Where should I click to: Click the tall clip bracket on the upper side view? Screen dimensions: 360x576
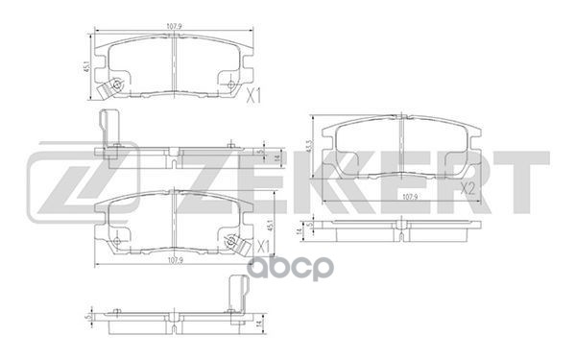pyautogui.click(x=108, y=135)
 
